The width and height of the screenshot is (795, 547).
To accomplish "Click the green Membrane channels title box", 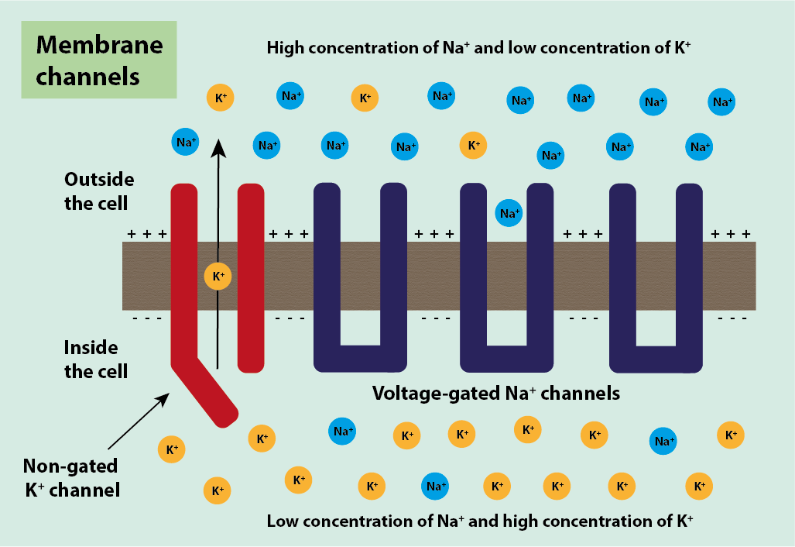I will pyautogui.click(x=99, y=60).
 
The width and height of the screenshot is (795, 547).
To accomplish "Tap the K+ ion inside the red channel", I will pyautogui.click(x=218, y=276).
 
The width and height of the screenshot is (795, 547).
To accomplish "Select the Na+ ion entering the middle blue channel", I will pyautogui.click(x=509, y=213).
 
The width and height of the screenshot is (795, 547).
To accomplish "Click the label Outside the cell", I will pyautogui.click(x=98, y=191).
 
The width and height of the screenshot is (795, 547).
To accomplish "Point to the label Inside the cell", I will pyautogui.click(x=96, y=358).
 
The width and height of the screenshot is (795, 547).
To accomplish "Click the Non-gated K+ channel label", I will pyautogui.click(x=70, y=477).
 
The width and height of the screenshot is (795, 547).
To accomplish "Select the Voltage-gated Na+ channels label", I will pyautogui.click(x=496, y=393).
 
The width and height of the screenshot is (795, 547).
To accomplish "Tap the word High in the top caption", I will pyautogui.click(x=285, y=47).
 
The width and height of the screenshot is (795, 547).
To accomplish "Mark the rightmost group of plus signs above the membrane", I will pyautogui.click(x=731, y=233).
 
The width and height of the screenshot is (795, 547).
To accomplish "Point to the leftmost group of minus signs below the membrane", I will pyautogui.click(x=146, y=318).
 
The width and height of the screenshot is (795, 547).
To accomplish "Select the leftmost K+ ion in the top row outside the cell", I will pyautogui.click(x=220, y=98).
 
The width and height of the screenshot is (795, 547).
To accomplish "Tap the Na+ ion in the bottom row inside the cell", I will pyautogui.click(x=435, y=487).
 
